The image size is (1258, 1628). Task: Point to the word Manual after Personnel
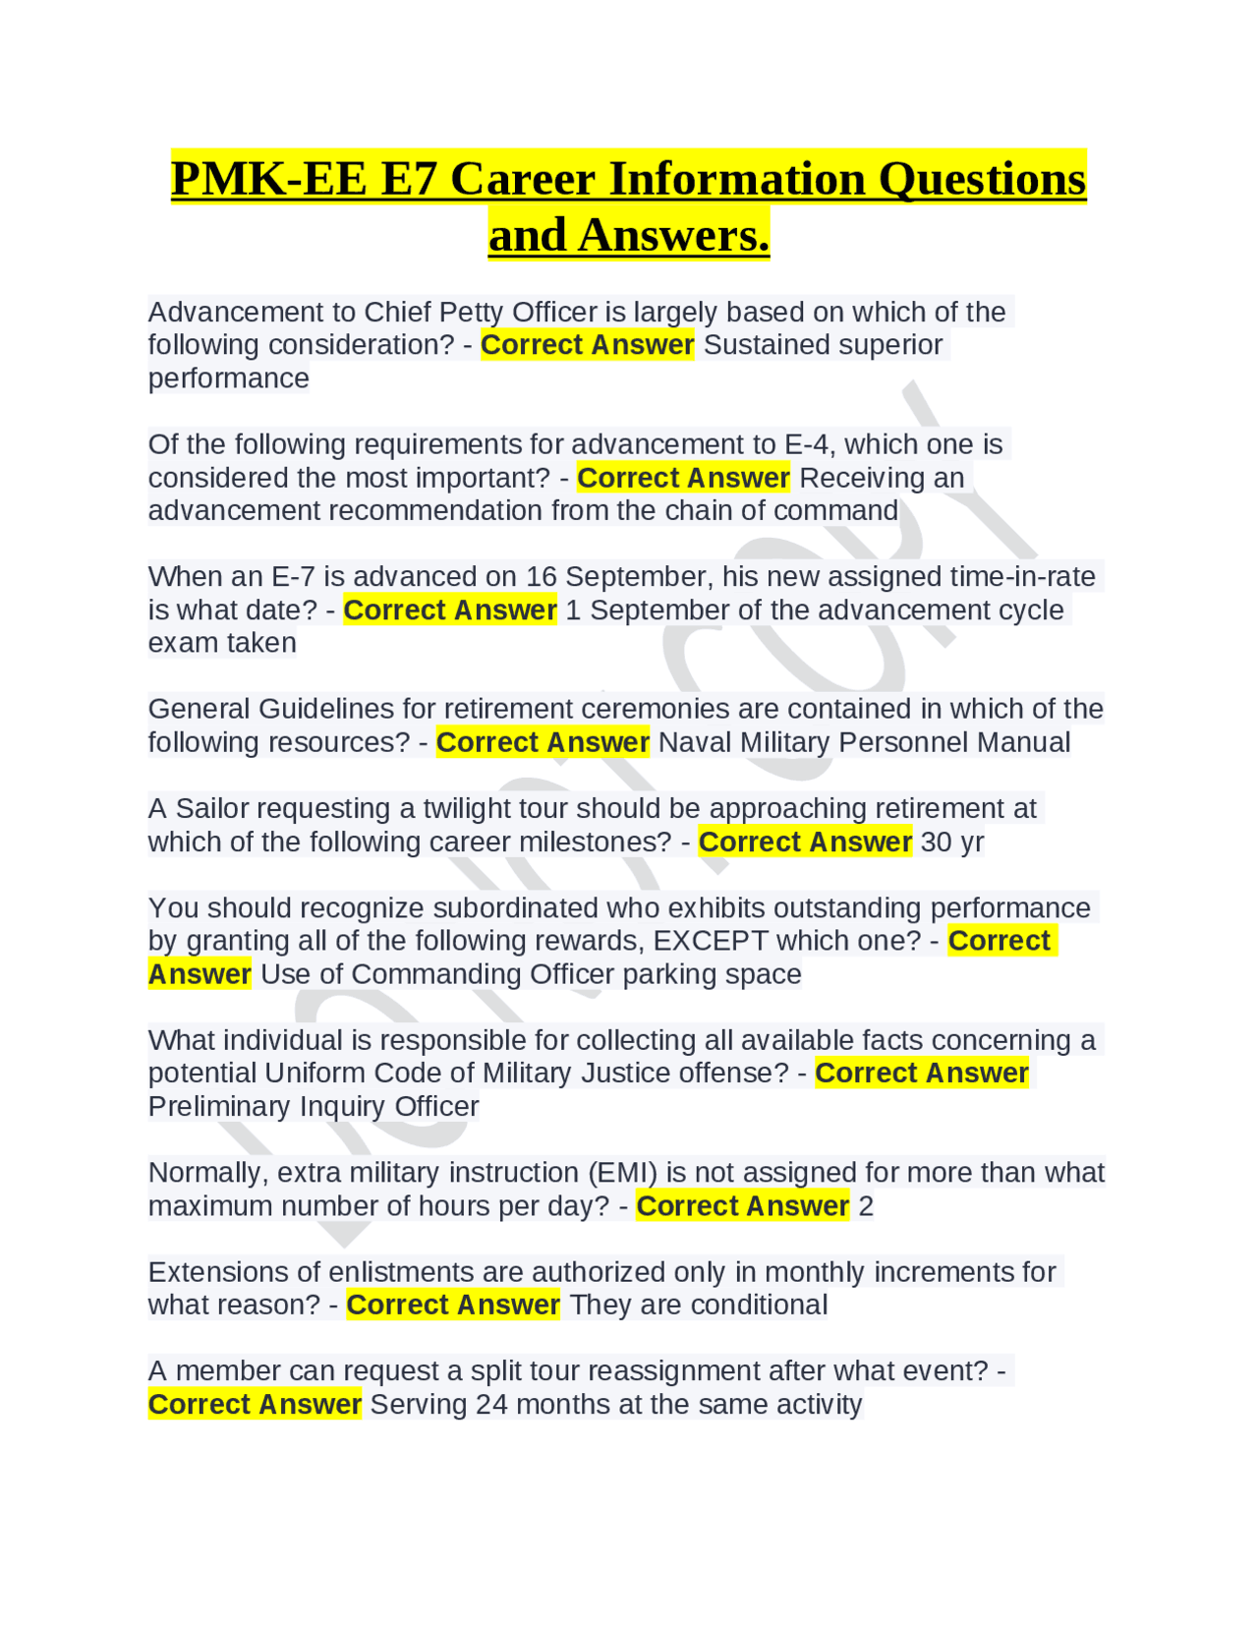(x=1021, y=742)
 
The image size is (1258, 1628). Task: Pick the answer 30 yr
(x=952, y=843)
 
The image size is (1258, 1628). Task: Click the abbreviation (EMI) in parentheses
(x=623, y=1173)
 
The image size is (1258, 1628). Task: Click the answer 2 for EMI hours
(x=866, y=1206)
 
